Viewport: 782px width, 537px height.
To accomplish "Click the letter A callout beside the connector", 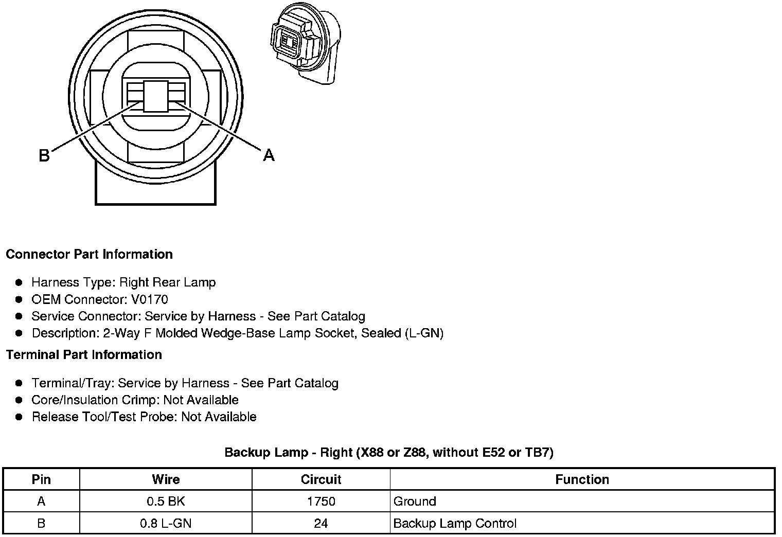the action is tap(269, 155).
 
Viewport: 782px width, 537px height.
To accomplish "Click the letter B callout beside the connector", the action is tap(44, 155).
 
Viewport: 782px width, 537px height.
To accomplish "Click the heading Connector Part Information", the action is tap(90, 254).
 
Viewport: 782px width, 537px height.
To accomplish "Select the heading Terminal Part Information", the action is tap(84, 354).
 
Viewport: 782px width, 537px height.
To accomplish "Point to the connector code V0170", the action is tap(149, 299).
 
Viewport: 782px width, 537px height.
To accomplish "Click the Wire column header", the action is tap(166, 479).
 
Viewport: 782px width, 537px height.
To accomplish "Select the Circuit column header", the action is tap(321, 479).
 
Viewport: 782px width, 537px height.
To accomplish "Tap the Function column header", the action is tap(582, 479).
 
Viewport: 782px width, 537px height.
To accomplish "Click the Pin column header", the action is tap(41, 479).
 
